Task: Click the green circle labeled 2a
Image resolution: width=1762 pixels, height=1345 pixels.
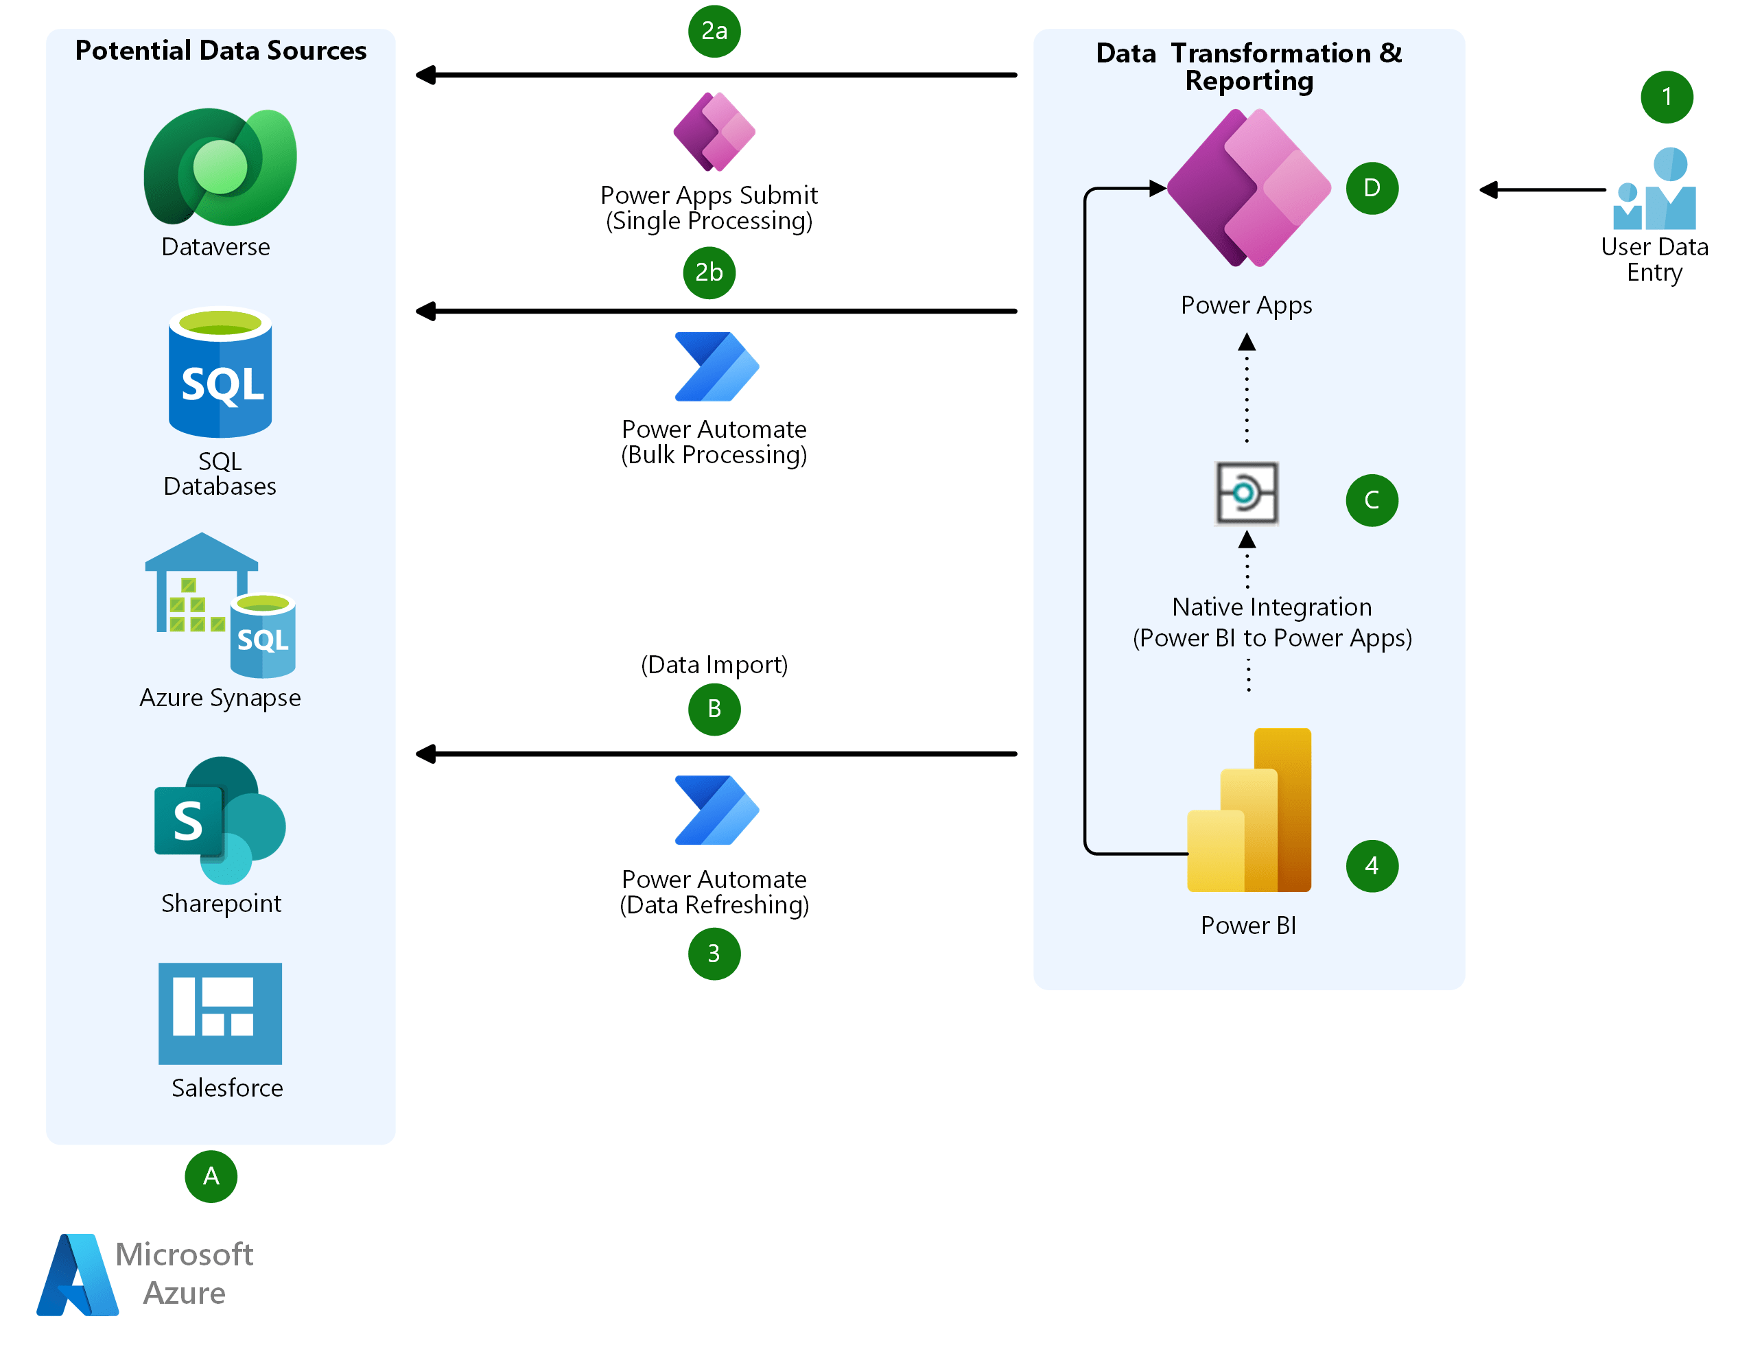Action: (x=714, y=32)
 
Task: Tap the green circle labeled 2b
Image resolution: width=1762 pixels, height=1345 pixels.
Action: (x=709, y=272)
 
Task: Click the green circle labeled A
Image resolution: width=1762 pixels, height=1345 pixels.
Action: (x=211, y=1176)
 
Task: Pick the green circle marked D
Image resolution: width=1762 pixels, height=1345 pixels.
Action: (x=1372, y=188)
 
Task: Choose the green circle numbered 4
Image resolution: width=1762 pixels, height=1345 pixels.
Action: (x=1372, y=865)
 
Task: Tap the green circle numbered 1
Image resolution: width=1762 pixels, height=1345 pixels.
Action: (x=1666, y=97)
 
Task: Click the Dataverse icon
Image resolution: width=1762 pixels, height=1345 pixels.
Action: (x=220, y=167)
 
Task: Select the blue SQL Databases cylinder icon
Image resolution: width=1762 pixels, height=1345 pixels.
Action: (x=220, y=373)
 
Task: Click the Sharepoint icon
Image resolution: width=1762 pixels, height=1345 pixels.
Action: (x=220, y=821)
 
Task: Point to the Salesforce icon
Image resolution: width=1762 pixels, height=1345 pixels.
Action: (x=220, y=1013)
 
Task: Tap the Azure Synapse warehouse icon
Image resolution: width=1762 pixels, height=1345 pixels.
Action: (x=220, y=606)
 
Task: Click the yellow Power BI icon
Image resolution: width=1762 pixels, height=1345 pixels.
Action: (x=1249, y=810)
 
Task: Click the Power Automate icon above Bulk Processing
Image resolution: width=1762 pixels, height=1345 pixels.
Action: (x=716, y=366)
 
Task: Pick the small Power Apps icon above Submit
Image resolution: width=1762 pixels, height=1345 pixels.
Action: (x=714, y=132)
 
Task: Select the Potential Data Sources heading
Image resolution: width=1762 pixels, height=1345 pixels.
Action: (x=220, y=51)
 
